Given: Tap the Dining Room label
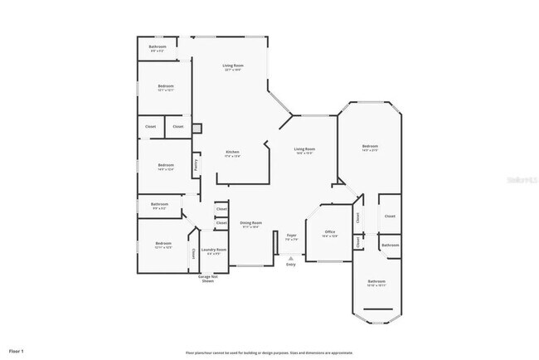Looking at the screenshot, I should [x=251, y=223].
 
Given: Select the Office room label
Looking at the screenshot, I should [x=329, y=232].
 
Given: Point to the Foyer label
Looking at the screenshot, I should [x=291, y=235].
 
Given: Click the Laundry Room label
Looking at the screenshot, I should [x=214, y=250].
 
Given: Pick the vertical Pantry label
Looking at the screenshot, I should [x=196, y=165].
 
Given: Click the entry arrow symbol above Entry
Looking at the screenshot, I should [x=290, y=258].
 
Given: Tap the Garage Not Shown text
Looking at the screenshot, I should [x=206, y=279].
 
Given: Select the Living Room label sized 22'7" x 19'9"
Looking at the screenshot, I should [x=232, y=66].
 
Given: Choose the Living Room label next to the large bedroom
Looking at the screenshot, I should [x=304, y=150].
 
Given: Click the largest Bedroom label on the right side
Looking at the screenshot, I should [x=369, y=148].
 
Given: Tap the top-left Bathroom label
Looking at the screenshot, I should [x=158, y=47].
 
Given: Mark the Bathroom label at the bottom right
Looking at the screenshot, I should [x=377, y=283].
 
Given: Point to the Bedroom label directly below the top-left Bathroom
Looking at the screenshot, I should [x=166, y=88].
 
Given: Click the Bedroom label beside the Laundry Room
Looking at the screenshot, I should [x=163, y=244].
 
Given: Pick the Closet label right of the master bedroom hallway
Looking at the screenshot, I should [x=390, y=216].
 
